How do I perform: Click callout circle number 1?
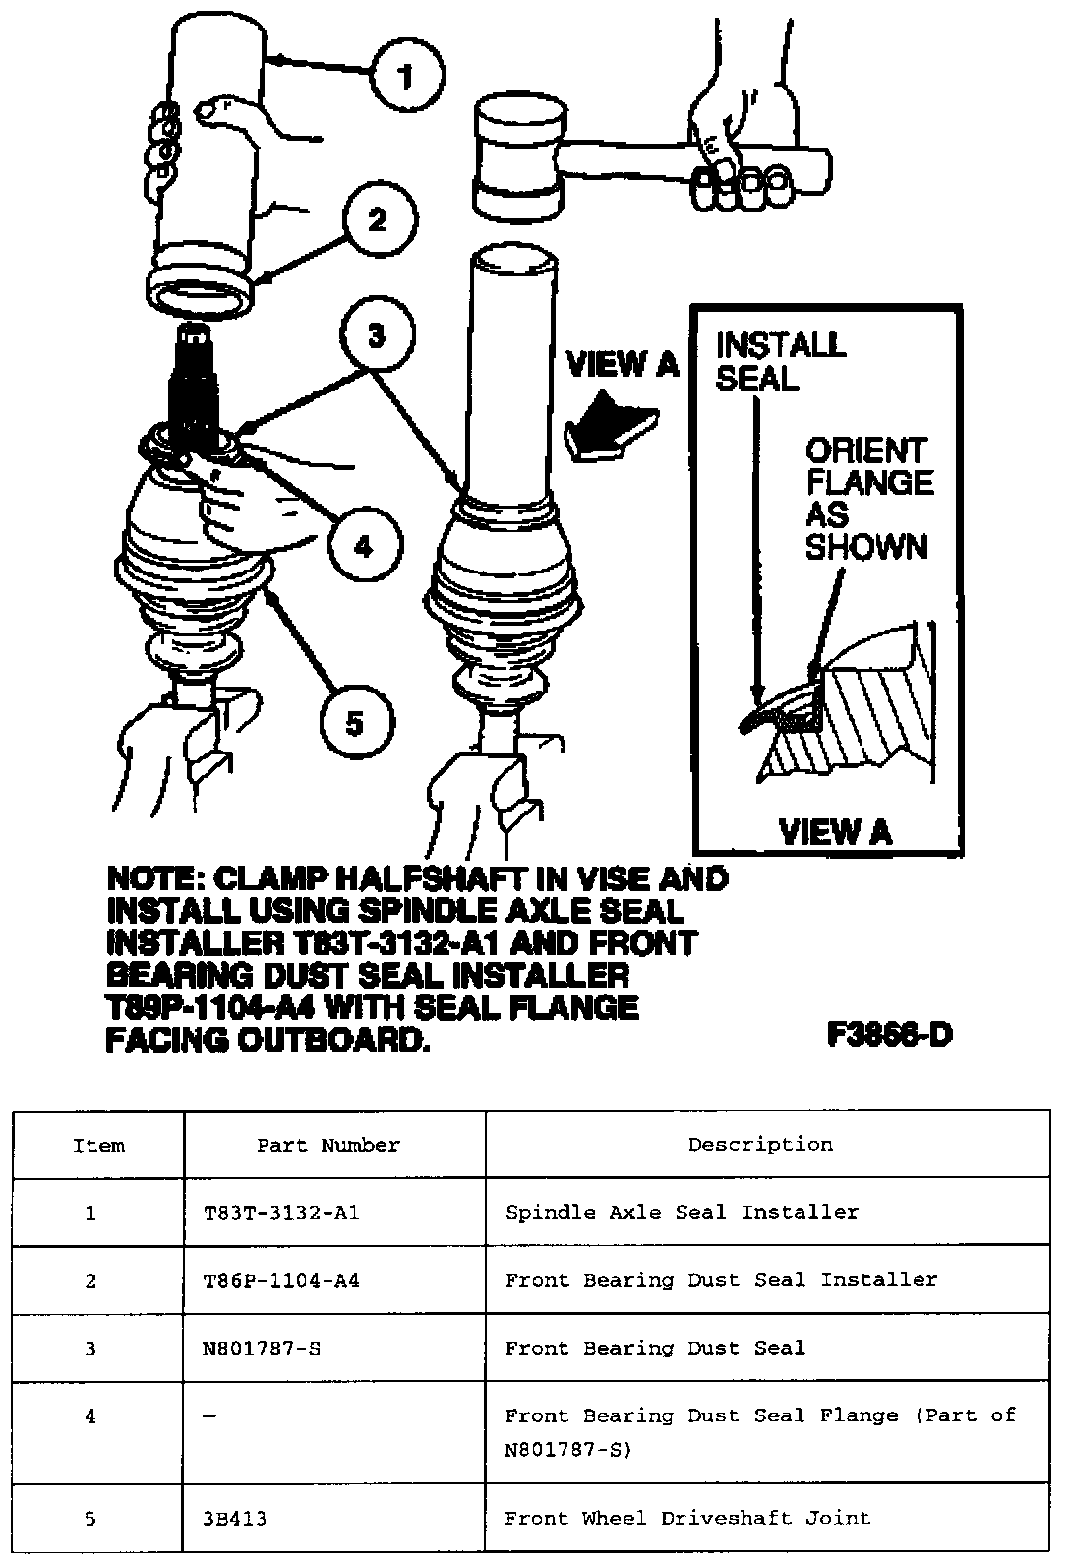(407, 75)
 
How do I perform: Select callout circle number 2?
(378, 220)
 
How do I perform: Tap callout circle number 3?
(377, 336)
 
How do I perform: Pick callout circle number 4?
(364, 545)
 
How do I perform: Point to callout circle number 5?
(355, 724)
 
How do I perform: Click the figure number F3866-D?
(889, 1034)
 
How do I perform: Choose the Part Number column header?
(328, 1145)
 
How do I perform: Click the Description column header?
(760, 1144)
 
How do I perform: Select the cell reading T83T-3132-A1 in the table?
(275, 1212)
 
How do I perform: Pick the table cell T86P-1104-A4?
(275, 1280)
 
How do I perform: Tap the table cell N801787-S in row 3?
(262, 1348)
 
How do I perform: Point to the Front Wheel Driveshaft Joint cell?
(687, 1517)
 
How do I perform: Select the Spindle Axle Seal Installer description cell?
(682, 1212)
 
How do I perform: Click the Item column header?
(99, 1145)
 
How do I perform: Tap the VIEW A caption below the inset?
(834, 832)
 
